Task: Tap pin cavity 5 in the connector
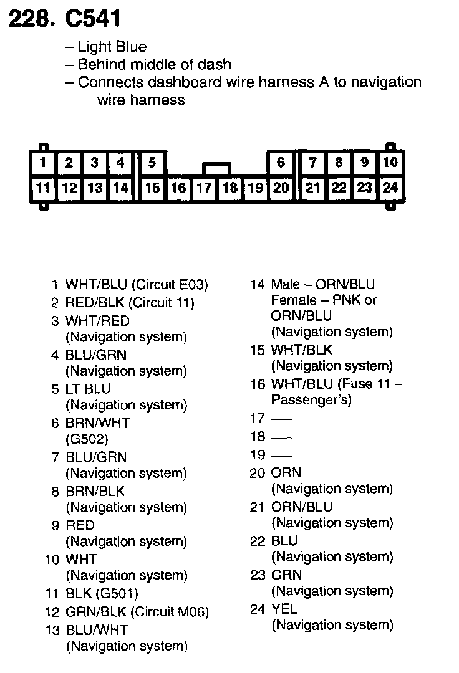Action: pos(152,163)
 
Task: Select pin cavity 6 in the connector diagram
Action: pos(281,163)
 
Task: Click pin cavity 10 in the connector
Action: pos(390,163)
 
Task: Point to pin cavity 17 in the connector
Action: pos(204,188)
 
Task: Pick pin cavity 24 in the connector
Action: pos(390,188)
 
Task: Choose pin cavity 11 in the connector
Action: pos(43,188)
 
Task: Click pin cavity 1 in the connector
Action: pos(43,163)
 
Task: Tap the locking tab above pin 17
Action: pos(216,169)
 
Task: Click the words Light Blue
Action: pos(112,47)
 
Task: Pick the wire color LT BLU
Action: pos(88,389)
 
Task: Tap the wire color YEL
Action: pos(284,609)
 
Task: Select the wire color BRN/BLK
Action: pos(95,491)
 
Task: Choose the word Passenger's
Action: pos(311,400)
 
